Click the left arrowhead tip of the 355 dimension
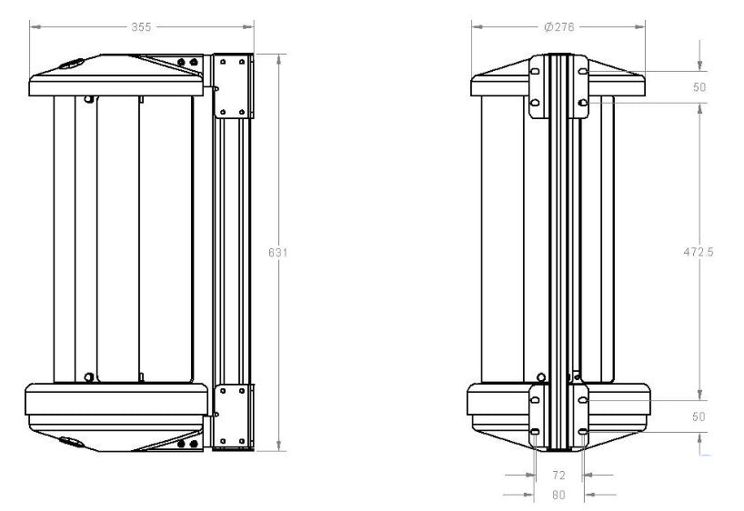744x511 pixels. (30, 27)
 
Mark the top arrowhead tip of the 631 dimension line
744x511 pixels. (279, 54)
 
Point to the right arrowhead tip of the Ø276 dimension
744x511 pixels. (645, 27)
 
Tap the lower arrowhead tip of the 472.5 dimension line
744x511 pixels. (699, 399)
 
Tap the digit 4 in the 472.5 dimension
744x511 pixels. (687, 252)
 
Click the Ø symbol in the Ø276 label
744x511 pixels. (548, 27)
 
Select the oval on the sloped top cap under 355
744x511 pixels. (71, 64)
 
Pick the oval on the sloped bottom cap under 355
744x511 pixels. (71, 442)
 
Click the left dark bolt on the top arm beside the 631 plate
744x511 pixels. (181, 62)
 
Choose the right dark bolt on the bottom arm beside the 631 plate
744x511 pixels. (194, 444)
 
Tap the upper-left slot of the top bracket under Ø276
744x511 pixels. (534, 71)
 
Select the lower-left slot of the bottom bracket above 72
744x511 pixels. (534, 431)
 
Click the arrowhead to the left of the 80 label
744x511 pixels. (528, 495)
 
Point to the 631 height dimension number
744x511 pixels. (277, 253)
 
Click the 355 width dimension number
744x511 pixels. (141, 27)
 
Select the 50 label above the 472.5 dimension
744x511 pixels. (699, 86)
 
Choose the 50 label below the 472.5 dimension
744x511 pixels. (699, 416)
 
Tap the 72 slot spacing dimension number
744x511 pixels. (559, 475)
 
